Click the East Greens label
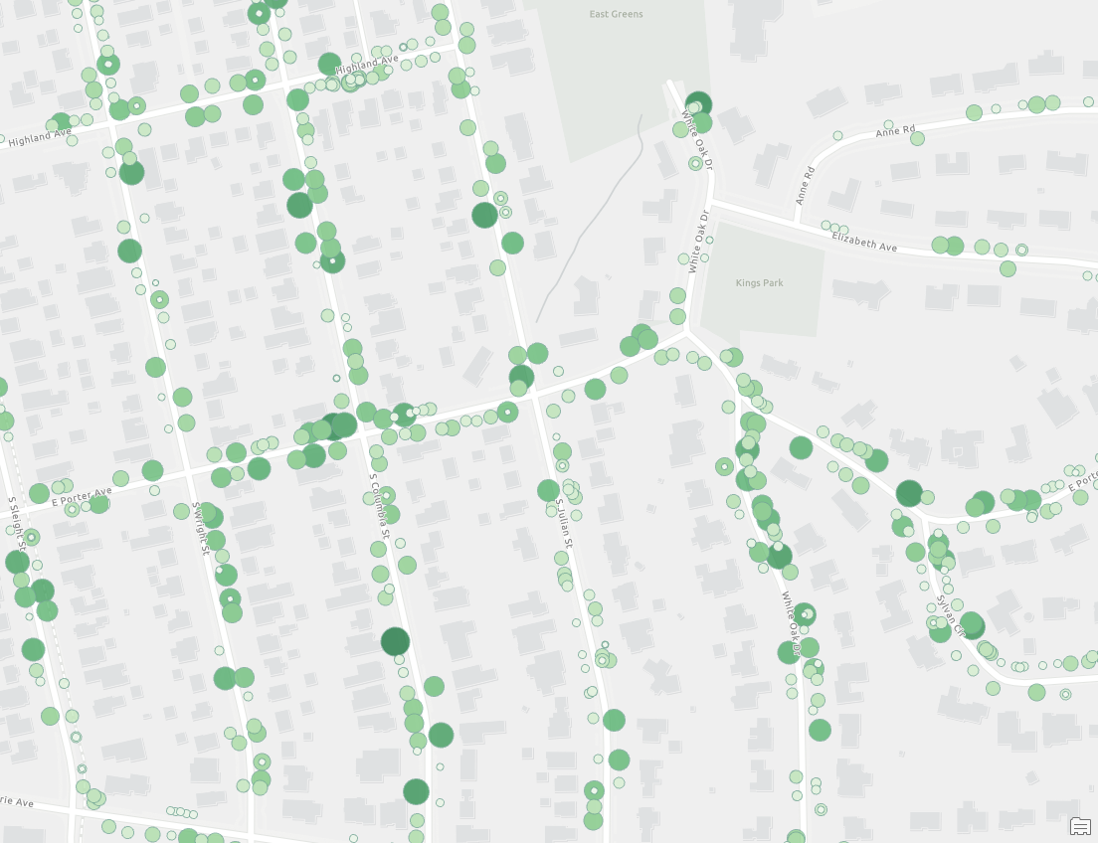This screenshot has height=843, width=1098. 616,14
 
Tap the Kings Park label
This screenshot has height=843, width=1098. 759,283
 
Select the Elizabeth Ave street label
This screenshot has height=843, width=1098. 864,240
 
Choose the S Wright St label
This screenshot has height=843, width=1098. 203,526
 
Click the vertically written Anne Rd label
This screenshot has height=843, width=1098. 804,186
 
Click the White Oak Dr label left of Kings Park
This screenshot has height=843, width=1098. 698,241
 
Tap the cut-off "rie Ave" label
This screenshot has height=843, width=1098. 17,800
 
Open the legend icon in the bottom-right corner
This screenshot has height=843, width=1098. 1079,826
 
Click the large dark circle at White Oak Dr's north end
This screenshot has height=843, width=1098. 699,104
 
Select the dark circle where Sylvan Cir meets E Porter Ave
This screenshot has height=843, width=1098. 909,493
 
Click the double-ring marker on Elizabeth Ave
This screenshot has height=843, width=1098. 1021,251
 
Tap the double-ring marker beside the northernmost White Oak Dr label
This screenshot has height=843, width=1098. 695,162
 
